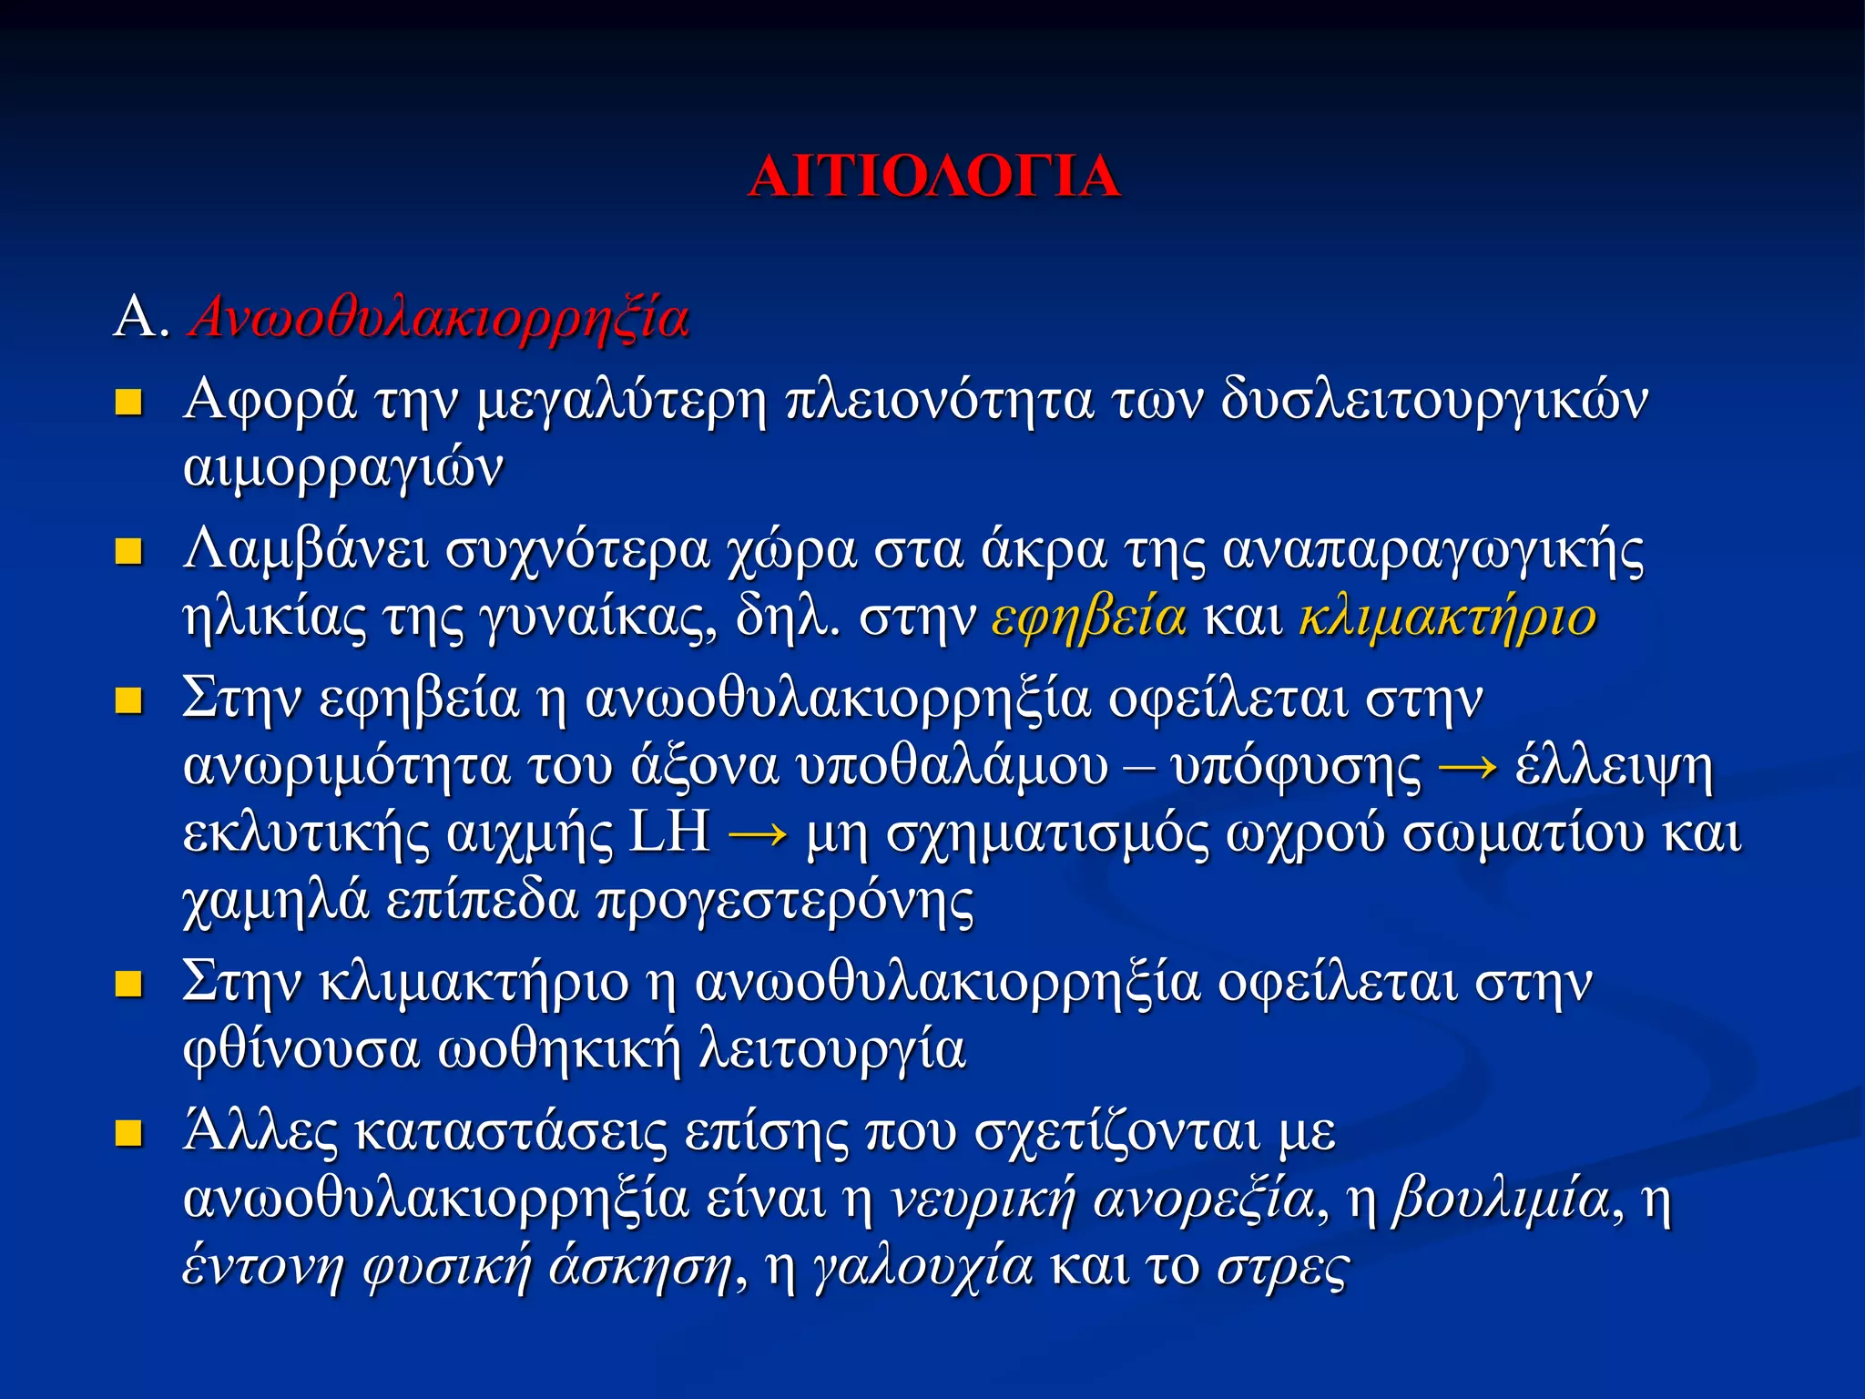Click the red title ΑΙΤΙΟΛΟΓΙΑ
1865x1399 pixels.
click(x=933, y=176)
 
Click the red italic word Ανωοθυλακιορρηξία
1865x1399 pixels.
click(x=439, y=319)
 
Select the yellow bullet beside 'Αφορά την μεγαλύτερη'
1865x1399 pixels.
click(x=128, y=402)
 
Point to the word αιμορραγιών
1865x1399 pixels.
click(x=342, y=469)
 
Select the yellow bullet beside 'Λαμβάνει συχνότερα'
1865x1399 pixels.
click(x=128, y=551)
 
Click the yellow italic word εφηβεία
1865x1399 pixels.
click(x=1089, y=618)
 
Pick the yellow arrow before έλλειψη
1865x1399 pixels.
click(x=1468, y=767)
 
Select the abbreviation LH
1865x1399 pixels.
click(x=669, y=832)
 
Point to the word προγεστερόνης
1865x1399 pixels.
click(x=785, y=902)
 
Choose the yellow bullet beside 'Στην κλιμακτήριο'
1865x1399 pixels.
click(x=128, y=984)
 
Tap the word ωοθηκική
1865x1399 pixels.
click(x=559, y=1049)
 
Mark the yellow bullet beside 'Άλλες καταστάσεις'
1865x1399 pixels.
click(x=128, y=1133)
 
